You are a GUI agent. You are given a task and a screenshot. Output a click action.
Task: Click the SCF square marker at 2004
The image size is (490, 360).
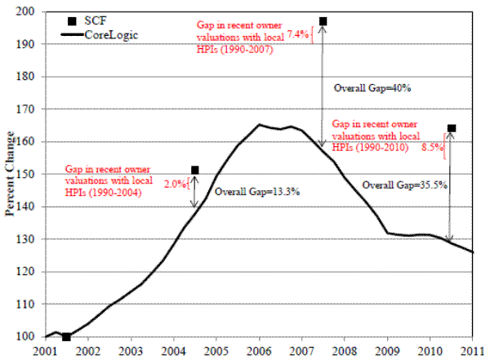coord(195,170)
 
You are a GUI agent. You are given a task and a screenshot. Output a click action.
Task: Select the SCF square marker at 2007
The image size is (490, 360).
coord(323,21)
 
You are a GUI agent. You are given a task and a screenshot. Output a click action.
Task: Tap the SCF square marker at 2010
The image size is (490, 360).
coord(452,128)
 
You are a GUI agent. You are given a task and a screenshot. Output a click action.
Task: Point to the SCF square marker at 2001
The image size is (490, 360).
coord(66,336)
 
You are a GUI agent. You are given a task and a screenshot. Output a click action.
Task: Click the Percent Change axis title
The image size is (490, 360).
coord(10,173)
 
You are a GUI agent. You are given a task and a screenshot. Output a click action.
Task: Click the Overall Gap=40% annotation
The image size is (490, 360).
coord(365,87)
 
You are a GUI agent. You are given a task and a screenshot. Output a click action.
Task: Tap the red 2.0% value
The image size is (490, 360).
coord(176,184)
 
